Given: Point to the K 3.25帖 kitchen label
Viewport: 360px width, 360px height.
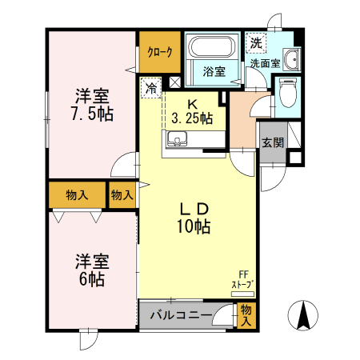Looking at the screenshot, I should click(x=192, y=111).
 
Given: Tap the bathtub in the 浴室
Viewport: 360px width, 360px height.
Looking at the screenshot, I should click(x=212, y=46).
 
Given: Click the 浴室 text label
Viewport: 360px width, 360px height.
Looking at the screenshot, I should click(x=212, y=71).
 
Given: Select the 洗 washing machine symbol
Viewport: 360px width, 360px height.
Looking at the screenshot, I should click(x=255, y=42).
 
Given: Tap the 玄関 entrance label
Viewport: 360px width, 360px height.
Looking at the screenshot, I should click(x=272, y=143).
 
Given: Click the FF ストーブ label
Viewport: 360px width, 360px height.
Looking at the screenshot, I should click(x=242, y=280).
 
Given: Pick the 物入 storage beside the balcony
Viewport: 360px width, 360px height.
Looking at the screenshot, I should click(x=247, y=315).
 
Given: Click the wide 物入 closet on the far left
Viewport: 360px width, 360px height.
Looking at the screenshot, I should click(x=77, y=195).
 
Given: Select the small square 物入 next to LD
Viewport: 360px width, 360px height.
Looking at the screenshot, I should click(x=122, y=195).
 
